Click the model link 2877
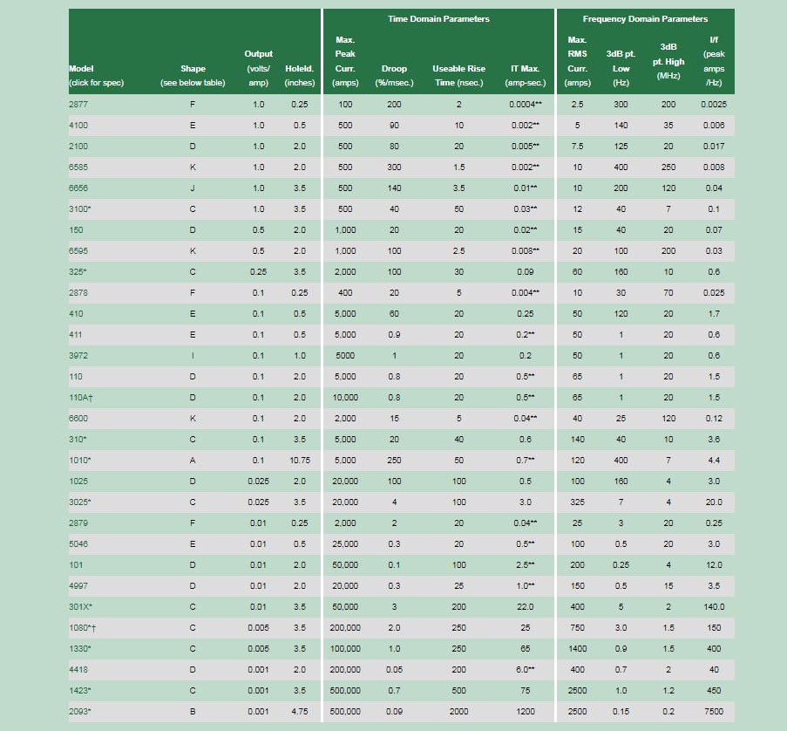click(x=78, y=105)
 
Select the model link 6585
click(x=78, y=167)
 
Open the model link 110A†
click(x=81, y=398)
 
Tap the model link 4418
click(x=78, y=670)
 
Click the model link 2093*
click(x=80, y=712)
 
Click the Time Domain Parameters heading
click(x=438, y=19)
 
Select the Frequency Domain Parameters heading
click(x=645, y=19)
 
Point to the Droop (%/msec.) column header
click(x=394, y=76)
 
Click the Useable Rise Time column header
click(x=458, y=76)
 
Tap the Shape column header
click(x=193, y=76)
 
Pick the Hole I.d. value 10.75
click(x=300, y=461)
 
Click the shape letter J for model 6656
click(x=193, y=188)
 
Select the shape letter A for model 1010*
click(x=193, y=461)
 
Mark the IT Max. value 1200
click(x=526, y=712)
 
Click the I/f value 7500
click(x=714, y=712)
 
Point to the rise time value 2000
click(x=458, y=712)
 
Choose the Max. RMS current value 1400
click(x=577, y=649)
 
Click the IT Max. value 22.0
click(x=526, y=607)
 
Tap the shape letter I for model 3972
click(x=193, y=356)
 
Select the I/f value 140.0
click(x=714, y=607)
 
